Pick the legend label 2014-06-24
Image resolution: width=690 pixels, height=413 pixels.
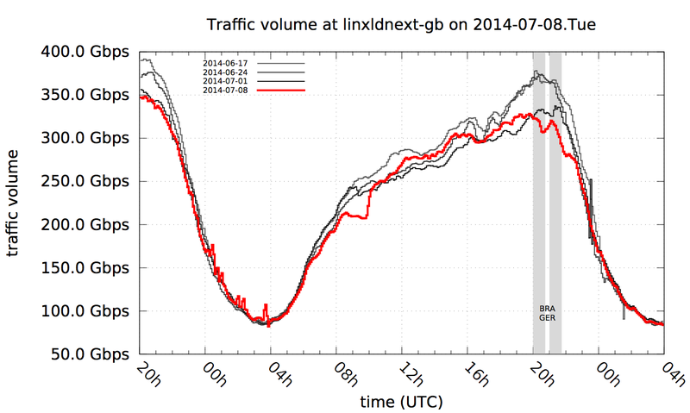tap(225, 73)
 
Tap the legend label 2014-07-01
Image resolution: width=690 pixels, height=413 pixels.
tap(225, 82)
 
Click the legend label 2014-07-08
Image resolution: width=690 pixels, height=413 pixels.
tap(225, 91)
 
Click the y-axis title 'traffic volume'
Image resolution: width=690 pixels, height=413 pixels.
tap(14, 203)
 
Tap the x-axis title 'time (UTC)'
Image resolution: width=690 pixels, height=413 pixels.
tap(400, 403)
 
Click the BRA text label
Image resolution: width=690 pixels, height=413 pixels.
tap(547, 308)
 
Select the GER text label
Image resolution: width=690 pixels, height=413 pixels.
tap(547, 317)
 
